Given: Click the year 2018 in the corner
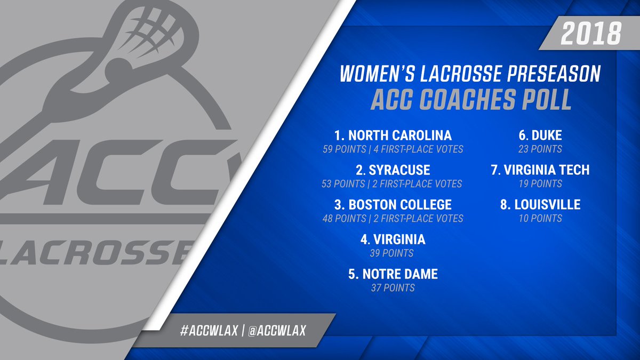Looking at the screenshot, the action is (591, 34).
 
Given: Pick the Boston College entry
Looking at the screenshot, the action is (393, 205).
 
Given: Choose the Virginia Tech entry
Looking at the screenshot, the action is (540, 170).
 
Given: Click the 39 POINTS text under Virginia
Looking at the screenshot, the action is (391, 253).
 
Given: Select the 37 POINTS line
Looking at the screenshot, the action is (393, 287).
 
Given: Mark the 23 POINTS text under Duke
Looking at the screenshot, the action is (540, 149).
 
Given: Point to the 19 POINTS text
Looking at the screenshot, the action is (540, 183).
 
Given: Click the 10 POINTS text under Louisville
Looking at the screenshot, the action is (540, 219).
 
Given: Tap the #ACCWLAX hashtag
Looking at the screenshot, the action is (209, 331).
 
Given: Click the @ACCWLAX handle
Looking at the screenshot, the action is (277, 331).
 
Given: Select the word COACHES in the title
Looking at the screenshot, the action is (468, 100).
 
